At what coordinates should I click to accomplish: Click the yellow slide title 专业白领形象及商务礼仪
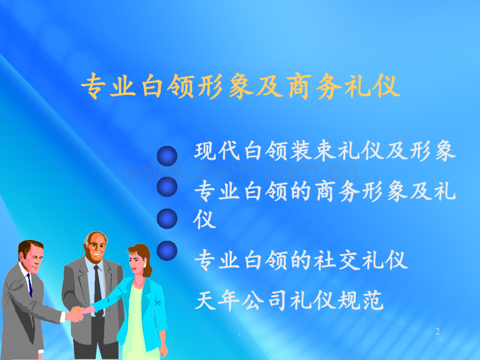coord(241,86)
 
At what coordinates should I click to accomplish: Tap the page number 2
coord(437,331)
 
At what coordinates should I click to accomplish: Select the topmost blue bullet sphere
coord(167,156)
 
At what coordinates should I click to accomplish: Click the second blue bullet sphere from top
coord(167,187)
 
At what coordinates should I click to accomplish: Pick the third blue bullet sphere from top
coord(167,219)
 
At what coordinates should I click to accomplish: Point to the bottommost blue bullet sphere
coord(167,251)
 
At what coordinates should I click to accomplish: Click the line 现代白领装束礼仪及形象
coord(325,151)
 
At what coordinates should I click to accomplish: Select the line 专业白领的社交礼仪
coord(301,260)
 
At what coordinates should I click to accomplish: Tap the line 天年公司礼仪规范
coord(289,300)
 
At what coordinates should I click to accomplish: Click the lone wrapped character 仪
coord(205,219)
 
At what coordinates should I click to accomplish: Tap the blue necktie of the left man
coord(29,285)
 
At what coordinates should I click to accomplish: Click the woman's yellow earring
coord(145,265)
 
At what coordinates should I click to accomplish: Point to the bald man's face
coord(96,247)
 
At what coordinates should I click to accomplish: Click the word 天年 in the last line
coord(218,300)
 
